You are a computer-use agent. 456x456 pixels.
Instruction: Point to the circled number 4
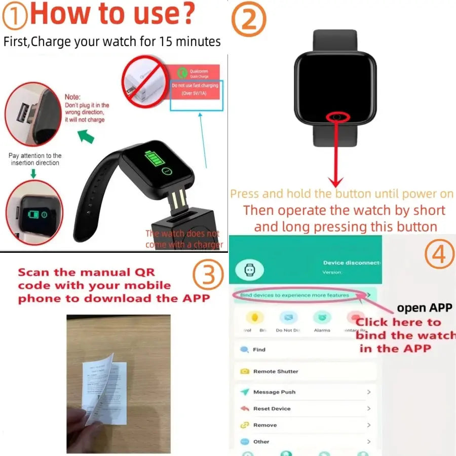(439, 256)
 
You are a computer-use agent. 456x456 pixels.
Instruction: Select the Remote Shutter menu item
(275, 371)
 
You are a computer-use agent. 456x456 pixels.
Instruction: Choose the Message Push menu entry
(274, 392)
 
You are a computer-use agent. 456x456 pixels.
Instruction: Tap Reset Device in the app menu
(272, 408)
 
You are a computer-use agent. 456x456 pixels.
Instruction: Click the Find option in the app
(259, 350)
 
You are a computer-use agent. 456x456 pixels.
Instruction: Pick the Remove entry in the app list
(264, 425)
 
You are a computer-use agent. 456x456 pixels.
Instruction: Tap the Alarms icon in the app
(322, 319)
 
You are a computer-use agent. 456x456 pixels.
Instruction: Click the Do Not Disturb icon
(288, 319)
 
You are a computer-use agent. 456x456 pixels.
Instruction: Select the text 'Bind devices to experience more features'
(294, 295)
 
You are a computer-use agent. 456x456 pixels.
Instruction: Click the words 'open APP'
(425, 308)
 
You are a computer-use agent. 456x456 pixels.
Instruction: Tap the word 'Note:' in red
(73, 97)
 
